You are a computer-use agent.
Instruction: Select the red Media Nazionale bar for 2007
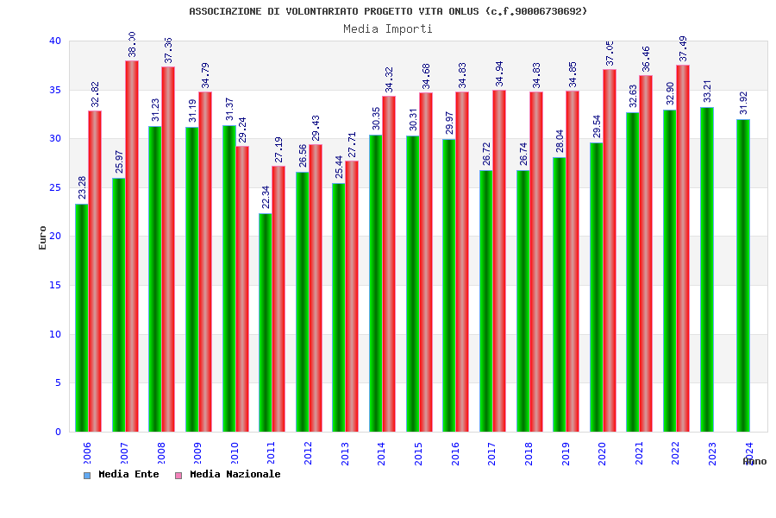[x=132, y=246]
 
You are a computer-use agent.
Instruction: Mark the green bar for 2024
[x=743, y=275]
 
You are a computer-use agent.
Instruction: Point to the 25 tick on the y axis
[x=55, y=187]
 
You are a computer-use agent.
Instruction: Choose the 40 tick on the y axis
[x=55, y=41]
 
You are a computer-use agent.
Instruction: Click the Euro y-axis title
[x=43, y=237]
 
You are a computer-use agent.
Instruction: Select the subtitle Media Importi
[x=388, y=28]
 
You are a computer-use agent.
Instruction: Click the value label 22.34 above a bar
[x=266, y=197]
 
